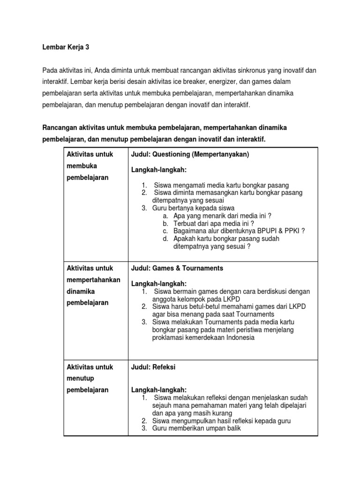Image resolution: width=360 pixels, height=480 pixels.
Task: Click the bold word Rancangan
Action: [60, 128]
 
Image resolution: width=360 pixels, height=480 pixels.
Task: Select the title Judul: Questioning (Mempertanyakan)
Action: [190, 154]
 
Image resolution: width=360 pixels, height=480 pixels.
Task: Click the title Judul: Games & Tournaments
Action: [177, 268]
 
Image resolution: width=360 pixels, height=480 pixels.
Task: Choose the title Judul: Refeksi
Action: [153, 367]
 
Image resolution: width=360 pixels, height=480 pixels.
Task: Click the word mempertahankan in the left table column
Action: [93, 280]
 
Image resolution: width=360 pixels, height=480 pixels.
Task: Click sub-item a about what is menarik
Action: [222, 216]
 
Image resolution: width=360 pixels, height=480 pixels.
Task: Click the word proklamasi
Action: [168, 337]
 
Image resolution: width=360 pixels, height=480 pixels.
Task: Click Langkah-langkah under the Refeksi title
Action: [159, 390]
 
